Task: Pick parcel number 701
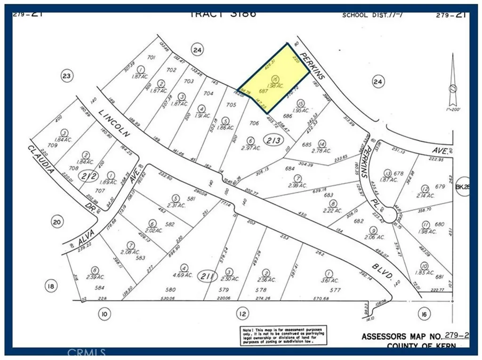(151, 58)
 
